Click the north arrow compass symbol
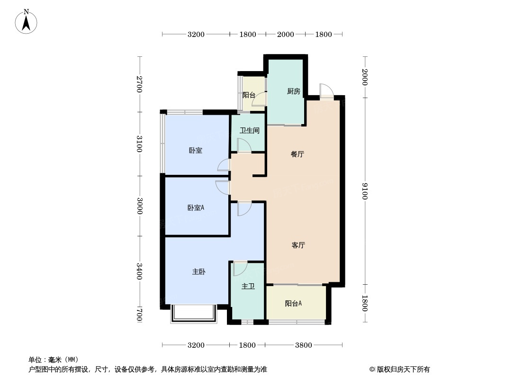pyautogui.click(x=27, y=21)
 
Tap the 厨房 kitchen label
pyautogui.click(x=293, y=91)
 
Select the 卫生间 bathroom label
pyautogui.click(x=249, y=131)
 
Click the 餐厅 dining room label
pyautogui.click(x=297, y=154)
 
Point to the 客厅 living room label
pyautogui.click(x=298, y=245)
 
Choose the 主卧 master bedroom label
pyautogui.click(x=198, y=272)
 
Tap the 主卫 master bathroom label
pyautogui.click(x=248, y=287)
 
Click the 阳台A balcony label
pyautogui.click(x=294, y=304)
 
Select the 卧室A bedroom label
pyautogui.click(x=196, y=208)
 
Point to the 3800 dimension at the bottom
pyautogui.click(x=303, y=345)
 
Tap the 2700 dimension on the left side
pyautogui.click(x=139, y=84)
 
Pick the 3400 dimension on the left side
pyautogui.click(x=139, y=271)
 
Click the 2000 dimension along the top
pyautogui.click(x=285, y=34)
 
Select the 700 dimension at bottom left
pyautogui.click(x=139, y=314)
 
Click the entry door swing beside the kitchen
pyautogui.click(x=326, y=91)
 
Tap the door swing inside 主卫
pyautogui.click(x=240, y=269)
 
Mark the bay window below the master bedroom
pyautogui.click(x=193, y=314)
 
